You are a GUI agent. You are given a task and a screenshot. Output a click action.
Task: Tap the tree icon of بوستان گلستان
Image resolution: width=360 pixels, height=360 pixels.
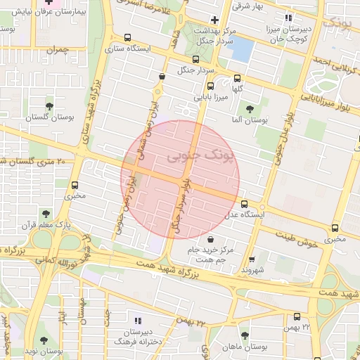(49, 106)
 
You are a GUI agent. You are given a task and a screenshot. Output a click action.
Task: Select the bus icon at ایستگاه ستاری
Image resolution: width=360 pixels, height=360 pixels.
(127, 39)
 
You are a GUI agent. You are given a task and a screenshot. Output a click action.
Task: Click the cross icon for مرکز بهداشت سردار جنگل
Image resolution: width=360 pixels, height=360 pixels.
(214, 20)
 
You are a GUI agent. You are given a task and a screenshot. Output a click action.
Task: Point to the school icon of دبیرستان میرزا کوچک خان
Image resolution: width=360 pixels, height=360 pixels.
(287, 18)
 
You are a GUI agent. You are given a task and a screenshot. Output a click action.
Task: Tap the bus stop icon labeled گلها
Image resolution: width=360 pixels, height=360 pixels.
(237, 79)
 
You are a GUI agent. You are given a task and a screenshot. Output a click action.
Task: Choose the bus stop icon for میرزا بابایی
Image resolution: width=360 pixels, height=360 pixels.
(210, 86)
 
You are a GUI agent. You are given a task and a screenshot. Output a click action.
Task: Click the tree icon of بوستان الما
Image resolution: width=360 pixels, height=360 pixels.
(249, 109)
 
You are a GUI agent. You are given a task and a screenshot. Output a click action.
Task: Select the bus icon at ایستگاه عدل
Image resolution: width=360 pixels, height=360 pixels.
(244, 205)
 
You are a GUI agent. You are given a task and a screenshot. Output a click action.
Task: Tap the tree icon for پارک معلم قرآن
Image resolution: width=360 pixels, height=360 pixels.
(46, 213)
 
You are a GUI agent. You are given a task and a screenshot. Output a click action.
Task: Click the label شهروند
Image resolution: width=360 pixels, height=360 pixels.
(251, 269)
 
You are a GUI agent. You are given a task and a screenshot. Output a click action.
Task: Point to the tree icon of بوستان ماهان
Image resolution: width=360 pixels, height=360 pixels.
(245, 335)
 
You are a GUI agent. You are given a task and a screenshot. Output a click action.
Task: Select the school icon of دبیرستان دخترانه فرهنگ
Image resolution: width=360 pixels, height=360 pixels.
(138, 319)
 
